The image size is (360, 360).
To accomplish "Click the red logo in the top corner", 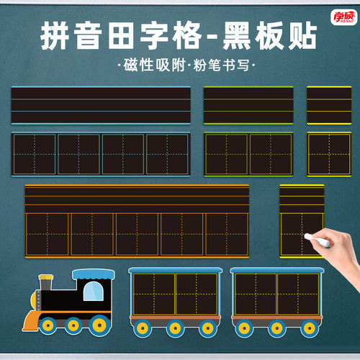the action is point(343,17).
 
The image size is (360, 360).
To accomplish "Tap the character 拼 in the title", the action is point(55,36).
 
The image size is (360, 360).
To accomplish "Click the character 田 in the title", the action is point(120,36).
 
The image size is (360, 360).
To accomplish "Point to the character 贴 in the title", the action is point(302,36).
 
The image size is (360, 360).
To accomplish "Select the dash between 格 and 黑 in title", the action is point(212,37).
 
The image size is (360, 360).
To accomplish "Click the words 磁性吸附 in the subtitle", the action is point(155,65).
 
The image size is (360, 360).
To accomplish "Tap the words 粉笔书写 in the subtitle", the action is point(221,65).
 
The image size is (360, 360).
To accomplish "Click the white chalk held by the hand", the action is point(317,240).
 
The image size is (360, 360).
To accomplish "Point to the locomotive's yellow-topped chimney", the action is point(46,282).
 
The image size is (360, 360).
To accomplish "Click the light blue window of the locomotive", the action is point(94,291).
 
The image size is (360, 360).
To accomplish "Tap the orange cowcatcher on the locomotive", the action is point(31,320).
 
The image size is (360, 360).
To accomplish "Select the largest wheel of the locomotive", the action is point(99,325).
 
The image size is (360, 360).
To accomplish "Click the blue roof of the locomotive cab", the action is point(94,274).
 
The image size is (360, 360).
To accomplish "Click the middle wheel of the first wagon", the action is point(175,328).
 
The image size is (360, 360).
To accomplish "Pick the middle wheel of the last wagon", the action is point(277,328).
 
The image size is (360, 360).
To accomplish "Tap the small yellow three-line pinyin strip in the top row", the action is point(329,105).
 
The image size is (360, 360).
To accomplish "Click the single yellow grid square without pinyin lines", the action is point(329,154).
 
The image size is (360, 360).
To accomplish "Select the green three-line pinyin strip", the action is point(248,105).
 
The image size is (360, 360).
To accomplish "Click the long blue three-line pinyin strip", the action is point(101,105).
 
